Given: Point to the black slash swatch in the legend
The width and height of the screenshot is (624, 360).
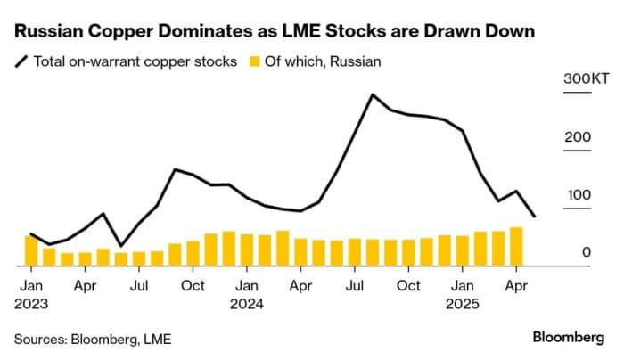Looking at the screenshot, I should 21,61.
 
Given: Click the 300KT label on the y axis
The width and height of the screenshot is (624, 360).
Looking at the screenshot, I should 587,79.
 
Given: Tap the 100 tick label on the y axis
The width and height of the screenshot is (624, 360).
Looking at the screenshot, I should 580,195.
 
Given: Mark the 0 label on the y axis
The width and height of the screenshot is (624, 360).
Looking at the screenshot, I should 587,253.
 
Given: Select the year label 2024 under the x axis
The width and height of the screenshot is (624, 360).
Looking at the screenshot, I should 247,303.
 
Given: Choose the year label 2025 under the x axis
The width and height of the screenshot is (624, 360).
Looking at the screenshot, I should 463,303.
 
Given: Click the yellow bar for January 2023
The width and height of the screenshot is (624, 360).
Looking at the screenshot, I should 31,251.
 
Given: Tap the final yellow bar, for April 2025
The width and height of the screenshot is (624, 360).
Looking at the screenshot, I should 516,247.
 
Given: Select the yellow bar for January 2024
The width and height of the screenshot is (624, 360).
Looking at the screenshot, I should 247,250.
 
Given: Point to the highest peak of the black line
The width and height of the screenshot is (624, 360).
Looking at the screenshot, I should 373,94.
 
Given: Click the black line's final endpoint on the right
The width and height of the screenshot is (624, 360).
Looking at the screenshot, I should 534,217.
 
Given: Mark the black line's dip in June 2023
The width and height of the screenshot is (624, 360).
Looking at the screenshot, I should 121,245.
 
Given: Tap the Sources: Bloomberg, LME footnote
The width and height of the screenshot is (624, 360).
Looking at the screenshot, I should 93,339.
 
